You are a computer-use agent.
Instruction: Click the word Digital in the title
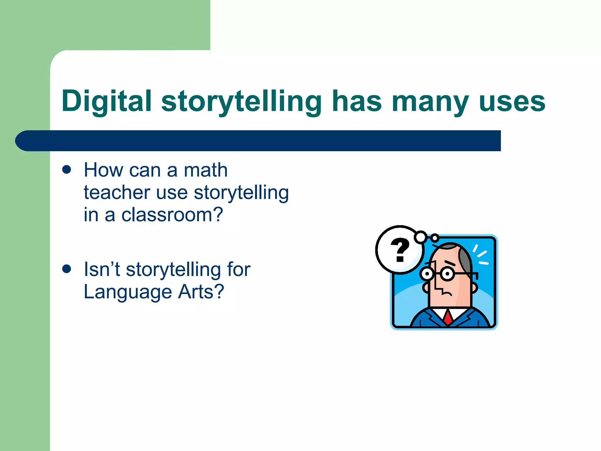tap(106, 101)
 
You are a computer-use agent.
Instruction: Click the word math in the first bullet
tap(205, 170)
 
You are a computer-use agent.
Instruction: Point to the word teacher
tap(117, 193)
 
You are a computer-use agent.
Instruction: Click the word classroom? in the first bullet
tap(172, 215)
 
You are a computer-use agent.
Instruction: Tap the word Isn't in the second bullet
tap(102, 269)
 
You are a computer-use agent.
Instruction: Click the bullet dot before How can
tap(67, 170)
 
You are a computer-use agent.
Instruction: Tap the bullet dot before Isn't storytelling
tap(67, 269)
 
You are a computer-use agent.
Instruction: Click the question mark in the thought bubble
tap(400, 250)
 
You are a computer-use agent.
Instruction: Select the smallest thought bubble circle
tap(435, 238)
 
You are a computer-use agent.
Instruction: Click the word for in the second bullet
tap(239, 269)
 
